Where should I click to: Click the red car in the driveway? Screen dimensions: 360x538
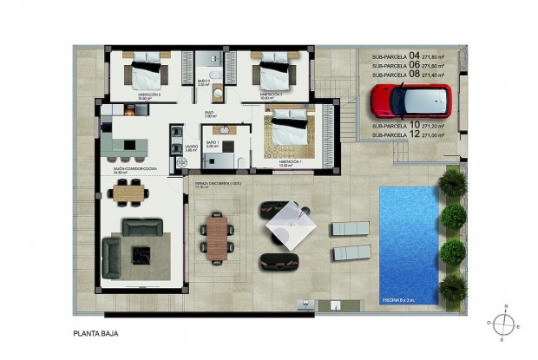(x=410, y=100)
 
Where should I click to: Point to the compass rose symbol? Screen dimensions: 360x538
(x=502, y=322)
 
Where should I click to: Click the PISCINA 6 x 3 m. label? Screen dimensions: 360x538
(x=403, y=299)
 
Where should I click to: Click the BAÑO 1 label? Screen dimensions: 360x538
(x=211, y=141)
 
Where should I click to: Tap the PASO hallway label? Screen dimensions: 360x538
(x=209, y=113)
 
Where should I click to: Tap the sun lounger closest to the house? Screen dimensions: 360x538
(x=351, y=228)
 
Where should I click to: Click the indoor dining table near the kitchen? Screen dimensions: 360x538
(x=127, y=193)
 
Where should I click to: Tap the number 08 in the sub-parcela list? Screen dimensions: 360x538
(x=413, y=74)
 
